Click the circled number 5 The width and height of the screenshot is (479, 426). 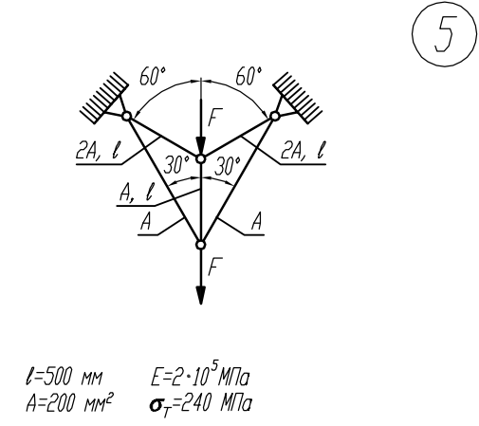[x=444, y=34]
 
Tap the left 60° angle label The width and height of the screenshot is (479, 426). [x=153, y=76]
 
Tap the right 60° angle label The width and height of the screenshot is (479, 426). [x=249, y=76]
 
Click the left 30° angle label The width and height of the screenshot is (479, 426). [x=176, y=165]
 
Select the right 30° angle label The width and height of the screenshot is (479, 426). [x=228, y=166]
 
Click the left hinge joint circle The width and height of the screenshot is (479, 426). [x=126, y=117]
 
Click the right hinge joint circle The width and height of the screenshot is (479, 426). [x=275, y=117]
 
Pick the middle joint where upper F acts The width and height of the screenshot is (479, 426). [x=200, y=158]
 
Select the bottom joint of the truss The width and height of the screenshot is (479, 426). [x=200, y=245]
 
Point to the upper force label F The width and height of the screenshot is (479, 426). [x=215, y=118]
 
